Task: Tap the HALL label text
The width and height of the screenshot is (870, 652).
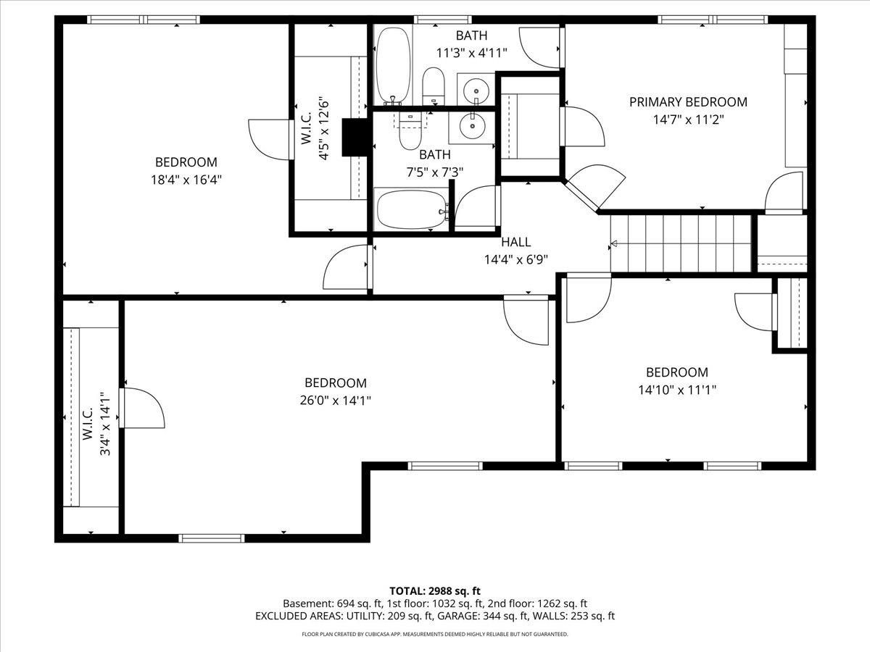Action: coord(515,242)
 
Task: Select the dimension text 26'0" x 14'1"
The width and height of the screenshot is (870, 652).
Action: coord(335,400)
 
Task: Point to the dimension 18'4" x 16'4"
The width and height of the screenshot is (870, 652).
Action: coord(186,179)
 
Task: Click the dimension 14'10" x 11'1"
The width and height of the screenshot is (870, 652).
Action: coord(676,390)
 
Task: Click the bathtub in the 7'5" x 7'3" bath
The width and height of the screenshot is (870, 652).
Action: coord(412,209)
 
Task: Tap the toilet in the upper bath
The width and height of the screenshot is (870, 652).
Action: coord(434,85)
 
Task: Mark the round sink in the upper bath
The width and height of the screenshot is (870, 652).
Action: coord(476,91)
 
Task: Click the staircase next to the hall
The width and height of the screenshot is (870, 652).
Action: coord(681,243)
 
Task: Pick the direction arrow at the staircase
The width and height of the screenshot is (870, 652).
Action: coord(615,244)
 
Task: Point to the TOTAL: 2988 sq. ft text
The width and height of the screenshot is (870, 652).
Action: coord(434,590)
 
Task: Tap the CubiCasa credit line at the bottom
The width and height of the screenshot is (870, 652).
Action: coord(434,635)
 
